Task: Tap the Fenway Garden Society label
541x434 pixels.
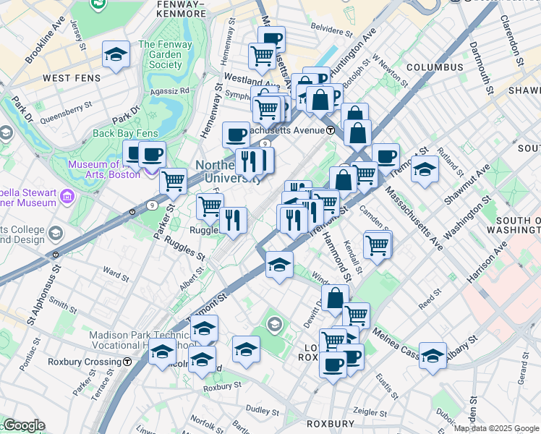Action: [166, 54]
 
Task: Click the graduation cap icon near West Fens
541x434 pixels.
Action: [116, 55]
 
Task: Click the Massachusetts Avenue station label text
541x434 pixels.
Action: [284, 130]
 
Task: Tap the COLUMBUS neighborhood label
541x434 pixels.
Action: [434, 67]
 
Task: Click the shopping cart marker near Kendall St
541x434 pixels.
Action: [378, 245]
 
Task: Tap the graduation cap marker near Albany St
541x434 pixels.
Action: [433, 355]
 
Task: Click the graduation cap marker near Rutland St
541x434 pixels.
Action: [425, 169]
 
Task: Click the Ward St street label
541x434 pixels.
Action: [116, 274]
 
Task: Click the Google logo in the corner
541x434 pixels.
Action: [25, 425]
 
